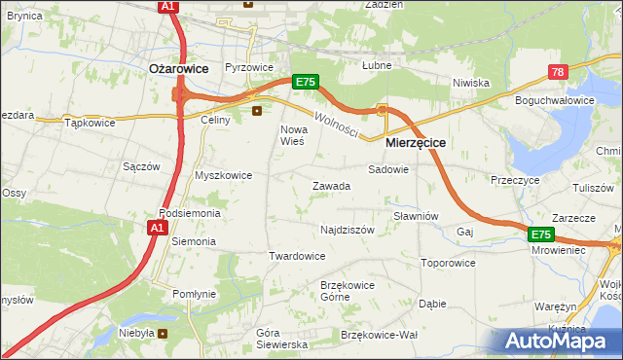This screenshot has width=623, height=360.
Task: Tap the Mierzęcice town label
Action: (416, 142)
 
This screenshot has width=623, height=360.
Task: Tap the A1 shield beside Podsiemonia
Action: (157, 228)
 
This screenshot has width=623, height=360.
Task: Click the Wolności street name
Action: (336, 124)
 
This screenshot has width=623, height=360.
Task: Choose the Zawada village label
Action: (330, 186)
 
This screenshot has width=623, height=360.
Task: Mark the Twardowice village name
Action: (297, 256)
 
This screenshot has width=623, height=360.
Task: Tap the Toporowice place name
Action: (448, 263)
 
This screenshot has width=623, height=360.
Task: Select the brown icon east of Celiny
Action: (257, 111)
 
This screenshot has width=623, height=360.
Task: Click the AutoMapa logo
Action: (562, 341)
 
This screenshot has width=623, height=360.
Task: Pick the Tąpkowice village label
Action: (90, 123)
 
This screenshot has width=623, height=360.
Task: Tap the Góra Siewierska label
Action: (281, 338)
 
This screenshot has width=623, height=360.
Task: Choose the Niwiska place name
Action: (470, 83)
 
